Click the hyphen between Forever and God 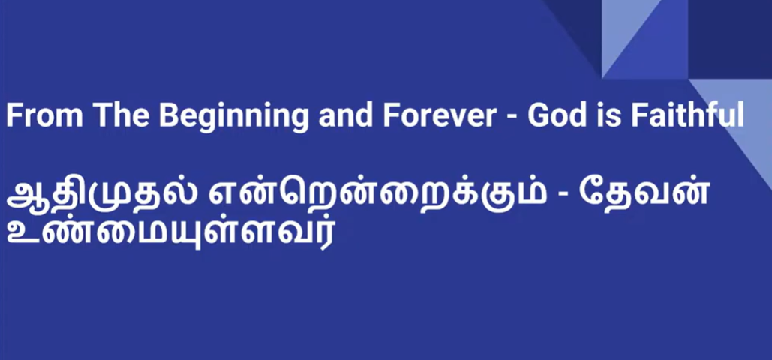(x=513, y=118)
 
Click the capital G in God (x=539, y=116)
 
